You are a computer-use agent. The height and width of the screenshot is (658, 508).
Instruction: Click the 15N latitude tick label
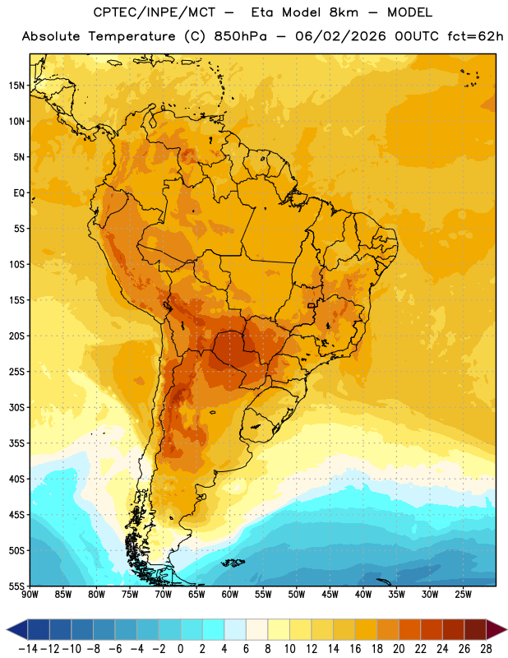(16, 86)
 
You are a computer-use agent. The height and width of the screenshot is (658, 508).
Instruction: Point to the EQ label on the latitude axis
(19, 193)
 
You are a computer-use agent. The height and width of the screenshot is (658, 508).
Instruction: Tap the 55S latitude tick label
(16, 586)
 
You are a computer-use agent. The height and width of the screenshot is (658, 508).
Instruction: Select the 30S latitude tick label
(16, 407)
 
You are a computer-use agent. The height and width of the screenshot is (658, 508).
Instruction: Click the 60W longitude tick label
(230, 594)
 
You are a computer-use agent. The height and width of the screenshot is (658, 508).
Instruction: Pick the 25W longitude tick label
(463, 594)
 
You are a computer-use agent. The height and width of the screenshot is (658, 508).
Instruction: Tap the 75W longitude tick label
(130, 594)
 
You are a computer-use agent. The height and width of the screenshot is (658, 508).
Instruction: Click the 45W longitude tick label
(330, 594)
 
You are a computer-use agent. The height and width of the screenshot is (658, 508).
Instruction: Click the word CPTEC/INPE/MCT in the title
(154, 12)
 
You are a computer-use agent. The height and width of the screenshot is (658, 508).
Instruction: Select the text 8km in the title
(344, 12)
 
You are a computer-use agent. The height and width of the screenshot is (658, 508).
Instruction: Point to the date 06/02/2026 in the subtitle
(340, 36)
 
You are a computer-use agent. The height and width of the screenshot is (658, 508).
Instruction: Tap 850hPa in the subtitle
(240, 36)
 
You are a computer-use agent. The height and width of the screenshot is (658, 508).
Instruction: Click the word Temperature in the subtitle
(132, 36)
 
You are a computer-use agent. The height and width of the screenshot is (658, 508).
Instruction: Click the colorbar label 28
(486, 649)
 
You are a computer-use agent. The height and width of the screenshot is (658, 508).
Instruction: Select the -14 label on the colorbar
(29, 649)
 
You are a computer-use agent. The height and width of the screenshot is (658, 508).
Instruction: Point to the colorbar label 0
(180, 649)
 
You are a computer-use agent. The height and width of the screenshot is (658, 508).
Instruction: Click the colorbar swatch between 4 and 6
(235, 629)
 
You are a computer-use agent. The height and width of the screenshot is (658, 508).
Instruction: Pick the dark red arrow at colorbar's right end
(496, 629)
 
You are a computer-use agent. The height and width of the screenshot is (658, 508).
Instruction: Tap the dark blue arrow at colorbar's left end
(17, 629)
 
